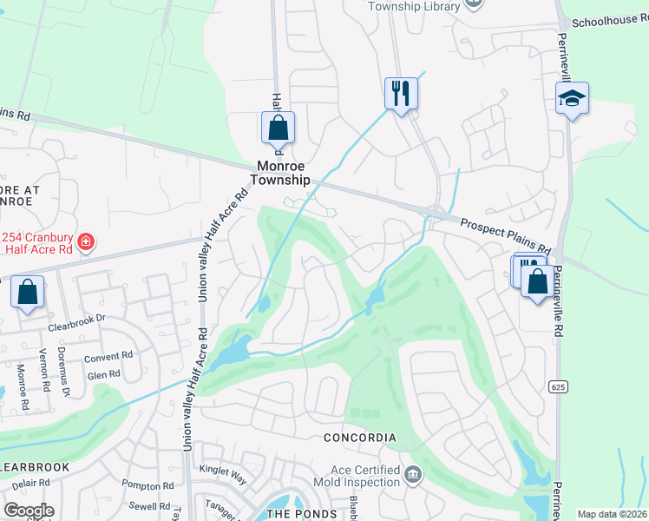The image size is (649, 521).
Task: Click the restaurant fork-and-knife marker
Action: [401, 93]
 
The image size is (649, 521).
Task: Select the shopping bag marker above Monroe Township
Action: [278, 129]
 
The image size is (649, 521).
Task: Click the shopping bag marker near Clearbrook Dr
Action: [28, 293]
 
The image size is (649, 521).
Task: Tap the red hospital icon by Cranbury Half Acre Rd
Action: [86, 241]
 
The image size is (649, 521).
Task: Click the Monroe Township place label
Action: [279, 173]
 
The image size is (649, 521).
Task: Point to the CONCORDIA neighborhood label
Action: [360, 438]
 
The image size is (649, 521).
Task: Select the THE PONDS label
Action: [300, 514]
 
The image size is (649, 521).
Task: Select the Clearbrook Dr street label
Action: [76, 318]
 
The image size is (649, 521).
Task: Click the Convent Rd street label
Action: [108, 356]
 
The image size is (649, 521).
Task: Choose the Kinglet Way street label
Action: [223, 472]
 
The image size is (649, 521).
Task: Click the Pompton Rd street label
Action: [150, 485]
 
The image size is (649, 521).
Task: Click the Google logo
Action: [29, 511]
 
